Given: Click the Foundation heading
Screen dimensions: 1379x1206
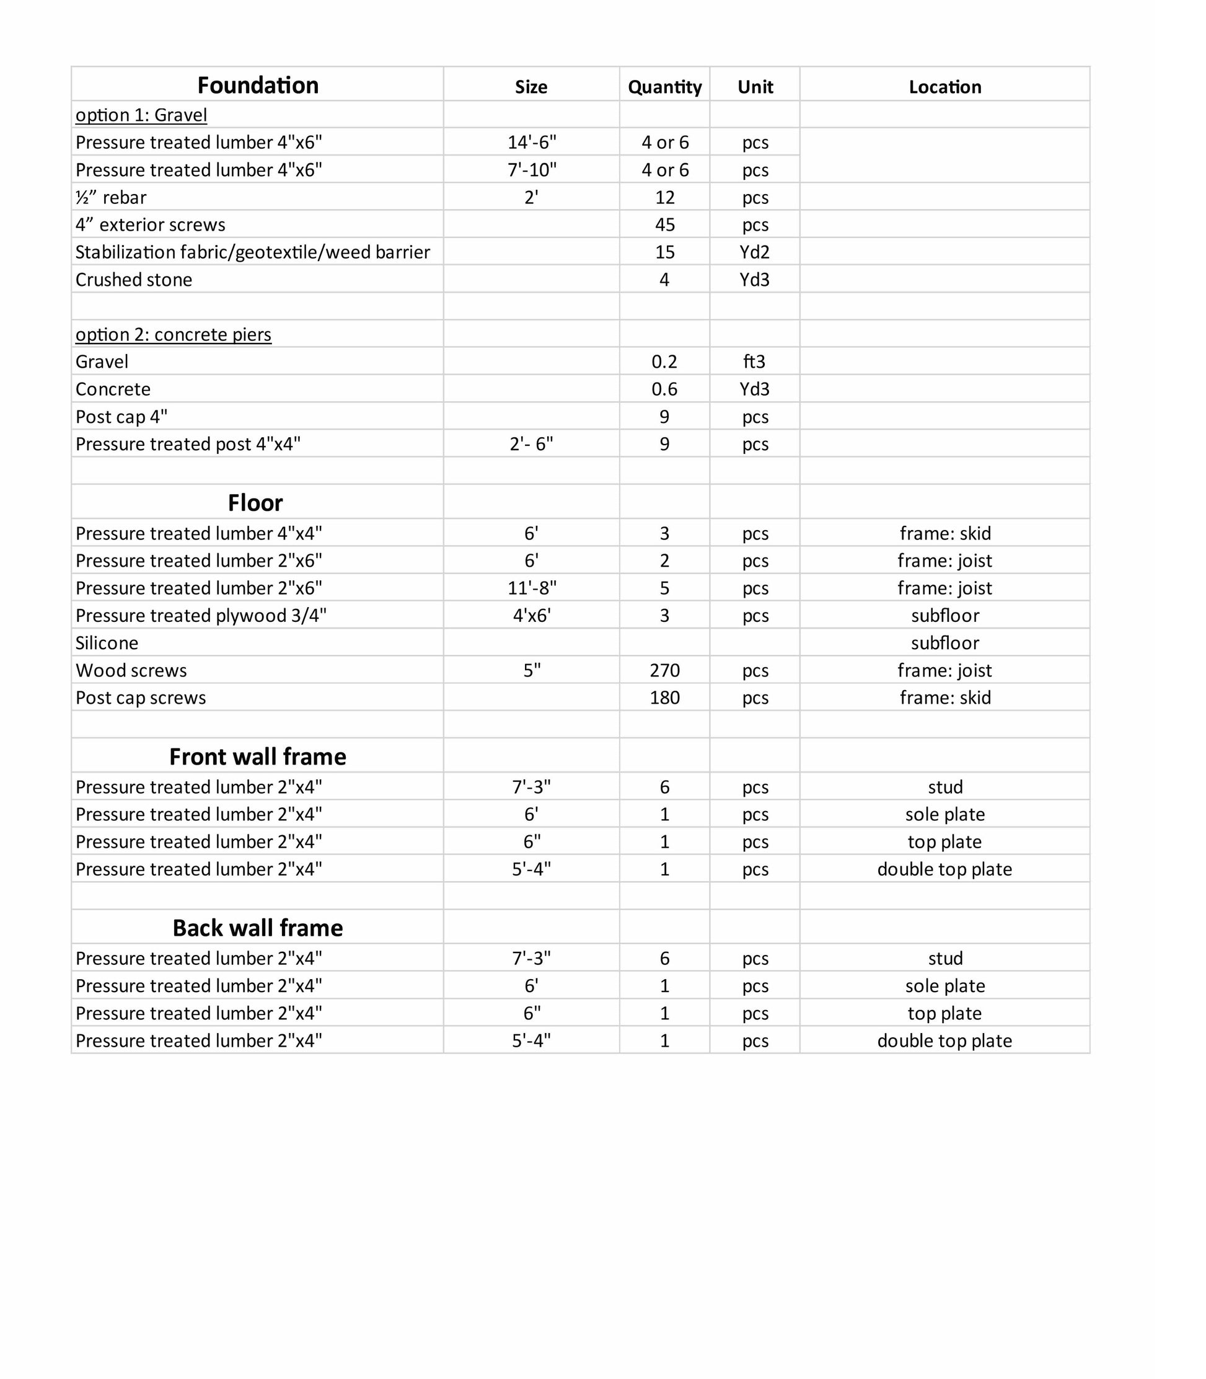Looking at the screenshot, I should click(x=258, y=86).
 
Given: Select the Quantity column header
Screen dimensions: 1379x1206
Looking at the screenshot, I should click(x=664, y=87).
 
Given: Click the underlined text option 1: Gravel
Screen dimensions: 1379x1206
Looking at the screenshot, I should click(x=141, y=115).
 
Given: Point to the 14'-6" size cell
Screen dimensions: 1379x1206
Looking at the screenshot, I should click(x=532, y=143).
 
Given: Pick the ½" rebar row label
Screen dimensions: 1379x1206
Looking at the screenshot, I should click(x=111, y=197).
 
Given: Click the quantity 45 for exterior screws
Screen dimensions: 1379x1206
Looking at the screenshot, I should click(x=664, y=225).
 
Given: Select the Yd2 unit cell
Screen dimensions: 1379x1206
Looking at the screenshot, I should click(x=754, y=252).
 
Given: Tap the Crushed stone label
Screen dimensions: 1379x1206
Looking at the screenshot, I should click(x=134, y=280).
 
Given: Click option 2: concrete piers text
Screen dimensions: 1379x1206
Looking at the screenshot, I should click(x=174, y=335).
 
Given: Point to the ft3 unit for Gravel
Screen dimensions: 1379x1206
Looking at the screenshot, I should click(x=754, y=361).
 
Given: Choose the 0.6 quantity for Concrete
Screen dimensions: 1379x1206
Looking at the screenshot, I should click(x=664, y=389).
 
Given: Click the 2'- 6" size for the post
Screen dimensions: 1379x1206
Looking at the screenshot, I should click(x=532, y=445).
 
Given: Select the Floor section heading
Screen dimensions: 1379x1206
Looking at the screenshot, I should click(x=255, y=503).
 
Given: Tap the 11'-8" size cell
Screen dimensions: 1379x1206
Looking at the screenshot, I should click(x=532, y=588).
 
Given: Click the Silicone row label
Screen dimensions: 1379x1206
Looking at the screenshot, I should click(x=107, y=643).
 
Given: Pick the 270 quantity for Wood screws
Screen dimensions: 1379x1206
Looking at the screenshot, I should click(x=664, y=671).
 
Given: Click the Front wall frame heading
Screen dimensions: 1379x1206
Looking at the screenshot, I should click(x=258, y=757).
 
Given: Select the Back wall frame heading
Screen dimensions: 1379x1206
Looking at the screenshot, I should click(x=258, y=928).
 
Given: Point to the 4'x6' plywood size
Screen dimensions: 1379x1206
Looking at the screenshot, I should click(x=532, y=616).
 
